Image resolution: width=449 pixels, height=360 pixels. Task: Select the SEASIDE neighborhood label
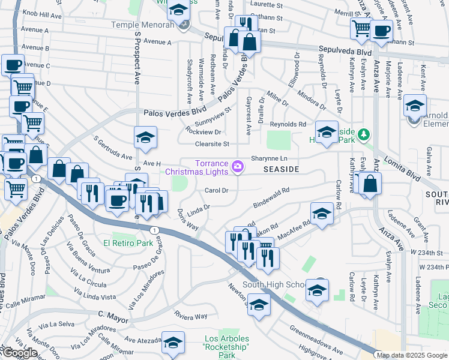[x=281, y=170]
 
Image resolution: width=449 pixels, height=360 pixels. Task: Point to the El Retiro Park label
[x=128, y=243]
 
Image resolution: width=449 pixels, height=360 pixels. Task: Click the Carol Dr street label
[x=217, y=191]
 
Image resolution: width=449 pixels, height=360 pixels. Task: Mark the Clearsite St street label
[x=212, y=144]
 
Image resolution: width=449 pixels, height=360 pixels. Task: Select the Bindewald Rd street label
[x=271, y=197]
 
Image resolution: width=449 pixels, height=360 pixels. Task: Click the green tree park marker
[x=363, y=133]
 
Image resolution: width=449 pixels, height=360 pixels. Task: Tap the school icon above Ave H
[x=145, y=138]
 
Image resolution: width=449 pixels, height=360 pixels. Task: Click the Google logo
[x=19, y=353]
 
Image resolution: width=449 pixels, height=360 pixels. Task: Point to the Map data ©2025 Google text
[x=412, y=355]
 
